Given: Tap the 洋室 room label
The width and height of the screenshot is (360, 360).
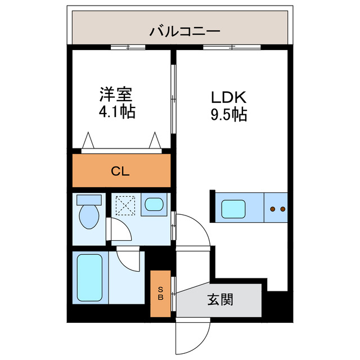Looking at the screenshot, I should tap(116, 93).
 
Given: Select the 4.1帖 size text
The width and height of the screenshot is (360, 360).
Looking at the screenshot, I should tap(116, 112).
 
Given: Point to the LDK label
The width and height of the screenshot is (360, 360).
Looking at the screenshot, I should tap(228, 96).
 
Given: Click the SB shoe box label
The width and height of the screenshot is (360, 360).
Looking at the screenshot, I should tap(160, 294).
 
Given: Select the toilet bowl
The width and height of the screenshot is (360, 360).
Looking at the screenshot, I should tap(88, 216).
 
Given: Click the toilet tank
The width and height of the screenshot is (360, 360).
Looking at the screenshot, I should tap(89, 199).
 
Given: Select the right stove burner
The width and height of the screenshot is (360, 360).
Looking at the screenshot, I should tap(282, 209).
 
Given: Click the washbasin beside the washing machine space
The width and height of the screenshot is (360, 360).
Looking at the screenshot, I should tap(152, 205).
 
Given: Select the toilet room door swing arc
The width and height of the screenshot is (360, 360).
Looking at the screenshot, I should tap(118, 231).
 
